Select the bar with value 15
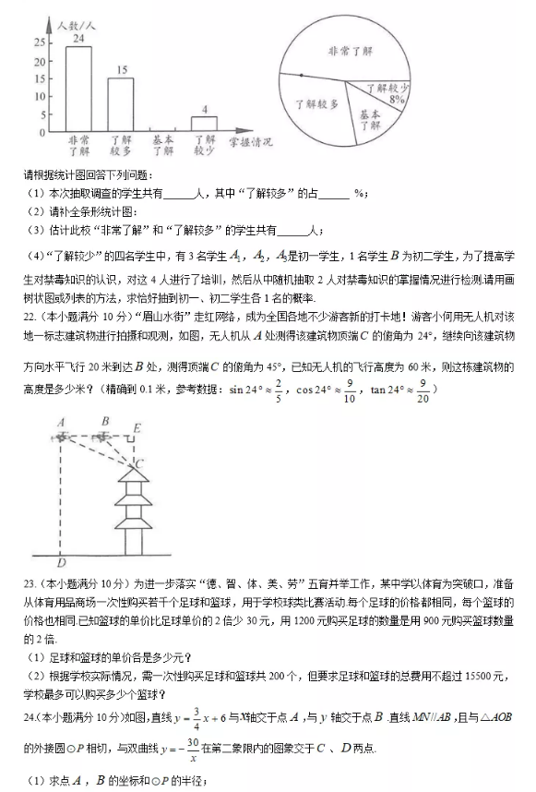[120, 104]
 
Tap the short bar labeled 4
[204, 124]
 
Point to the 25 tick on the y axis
[39, 42]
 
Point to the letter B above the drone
[106, 420]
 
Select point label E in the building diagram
[137, 428]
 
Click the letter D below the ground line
[61, 562]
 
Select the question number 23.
[28, 583]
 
